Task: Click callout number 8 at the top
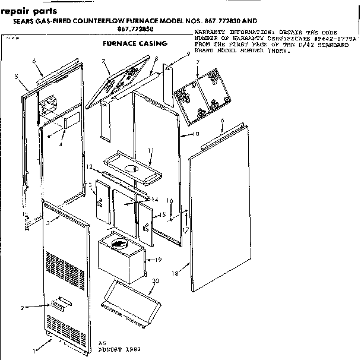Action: (x=155, y=59)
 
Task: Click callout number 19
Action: (x=159, y=260)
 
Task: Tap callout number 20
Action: (x=155, y=282)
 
